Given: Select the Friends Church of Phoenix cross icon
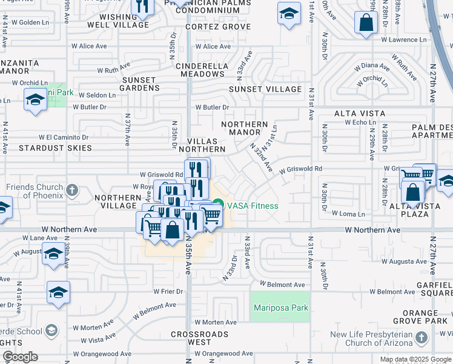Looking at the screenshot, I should (x=71, y=190).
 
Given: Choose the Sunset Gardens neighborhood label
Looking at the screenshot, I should (x=140, y=84).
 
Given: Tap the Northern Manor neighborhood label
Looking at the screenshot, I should (x=245, y=128).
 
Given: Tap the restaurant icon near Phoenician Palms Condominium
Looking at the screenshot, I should (x=142, y=7).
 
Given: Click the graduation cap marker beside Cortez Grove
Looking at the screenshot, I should (x=289, y=13).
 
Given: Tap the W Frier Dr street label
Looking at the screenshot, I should (x=168, y=291).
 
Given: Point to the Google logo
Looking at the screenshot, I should (x=20, y=357).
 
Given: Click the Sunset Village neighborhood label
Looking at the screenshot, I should (x=265, y=89).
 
